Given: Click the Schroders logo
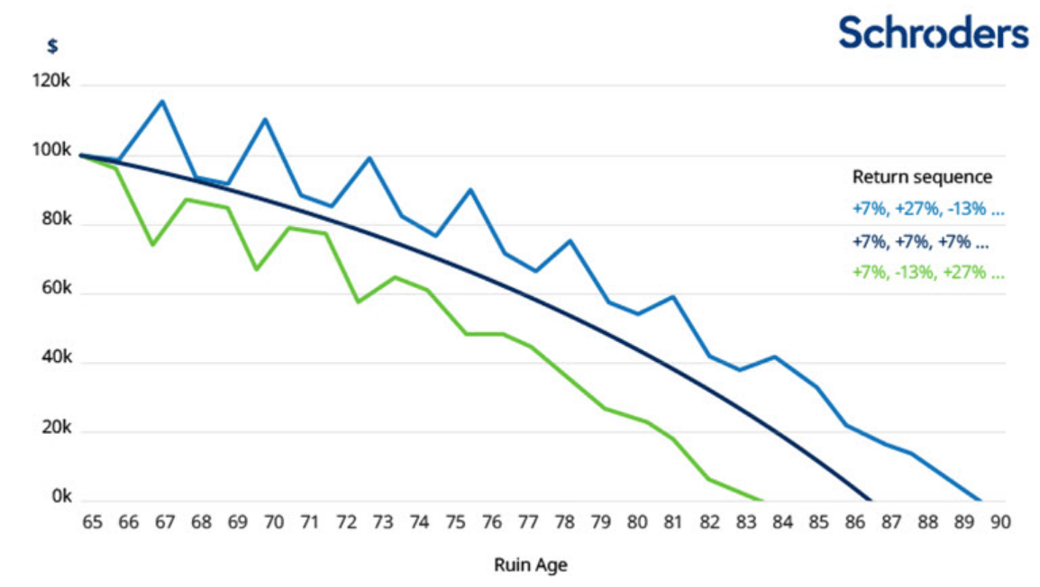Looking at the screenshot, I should (x=933, y=32).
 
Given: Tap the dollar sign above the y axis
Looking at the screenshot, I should (x=52, y=47).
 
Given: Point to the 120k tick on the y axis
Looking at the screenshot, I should (x=51, y=82).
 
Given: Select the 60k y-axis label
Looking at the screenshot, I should (x=53, y=290).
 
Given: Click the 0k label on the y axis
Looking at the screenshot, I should (x=57, y=497).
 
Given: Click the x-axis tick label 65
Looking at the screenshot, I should (x=91, y=523).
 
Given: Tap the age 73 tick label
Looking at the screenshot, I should (x=383, y=523).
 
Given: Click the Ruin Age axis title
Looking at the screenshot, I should (x=531, y=565).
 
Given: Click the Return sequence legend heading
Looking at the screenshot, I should (x=922, y=176).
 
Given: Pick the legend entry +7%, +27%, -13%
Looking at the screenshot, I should (x=927, y=210).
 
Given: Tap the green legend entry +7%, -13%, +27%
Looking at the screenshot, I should (x=927, y=272).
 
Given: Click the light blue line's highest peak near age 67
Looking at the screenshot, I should (x=162, y=101).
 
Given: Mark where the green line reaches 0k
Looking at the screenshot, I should (x=762, y=501).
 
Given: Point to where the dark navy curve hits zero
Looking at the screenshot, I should (x=871, y=501).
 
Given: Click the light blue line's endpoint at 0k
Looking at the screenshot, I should (x=980, y=501).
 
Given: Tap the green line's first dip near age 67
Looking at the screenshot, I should (x=152, y=245).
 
